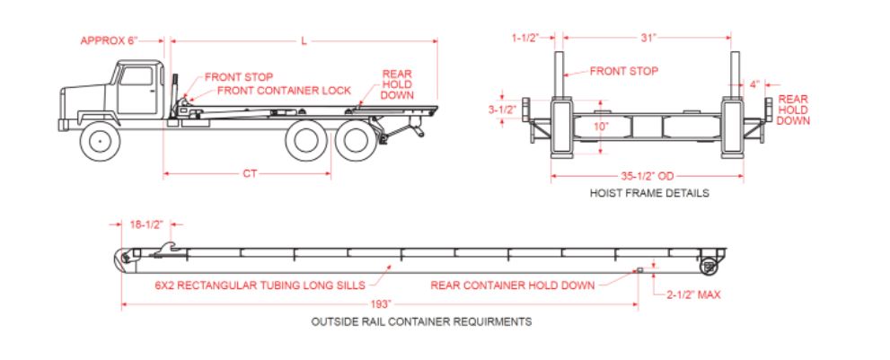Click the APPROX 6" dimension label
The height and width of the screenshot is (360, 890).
(x=110, y=40)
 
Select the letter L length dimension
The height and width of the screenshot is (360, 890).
(x=304, y=40)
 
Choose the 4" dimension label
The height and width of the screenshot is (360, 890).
(x=754, y=83)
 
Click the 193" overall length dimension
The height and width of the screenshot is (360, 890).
(x=379, y=305)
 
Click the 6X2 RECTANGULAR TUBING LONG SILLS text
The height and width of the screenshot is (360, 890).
(x=260, y=285)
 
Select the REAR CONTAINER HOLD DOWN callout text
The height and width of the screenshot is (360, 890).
(x=512, y=285)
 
